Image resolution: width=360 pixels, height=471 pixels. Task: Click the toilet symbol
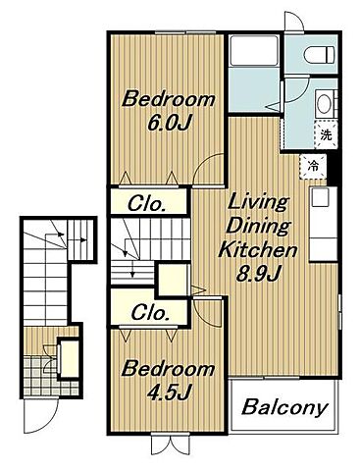319,54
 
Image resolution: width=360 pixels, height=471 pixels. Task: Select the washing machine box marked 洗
326,134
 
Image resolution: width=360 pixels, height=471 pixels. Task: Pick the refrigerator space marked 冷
313,167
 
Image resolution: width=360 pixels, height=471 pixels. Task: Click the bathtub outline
254,50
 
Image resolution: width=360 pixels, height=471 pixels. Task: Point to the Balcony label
284,407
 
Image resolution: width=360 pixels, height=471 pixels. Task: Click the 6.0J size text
169,123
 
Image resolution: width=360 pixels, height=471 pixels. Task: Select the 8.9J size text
258,274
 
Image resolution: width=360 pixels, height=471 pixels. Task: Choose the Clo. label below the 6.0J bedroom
146,204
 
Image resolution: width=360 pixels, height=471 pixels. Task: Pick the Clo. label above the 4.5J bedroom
150,312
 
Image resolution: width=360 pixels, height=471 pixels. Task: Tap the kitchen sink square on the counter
320,198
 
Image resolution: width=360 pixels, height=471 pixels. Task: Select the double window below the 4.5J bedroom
171,445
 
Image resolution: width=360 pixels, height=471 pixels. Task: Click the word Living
258,203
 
